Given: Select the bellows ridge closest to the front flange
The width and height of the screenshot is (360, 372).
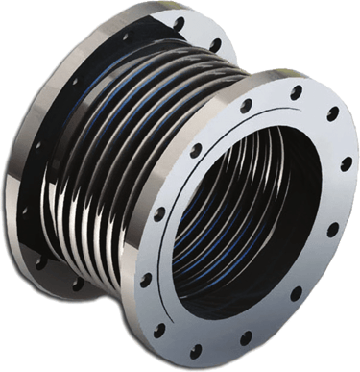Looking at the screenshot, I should pos(182,106).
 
